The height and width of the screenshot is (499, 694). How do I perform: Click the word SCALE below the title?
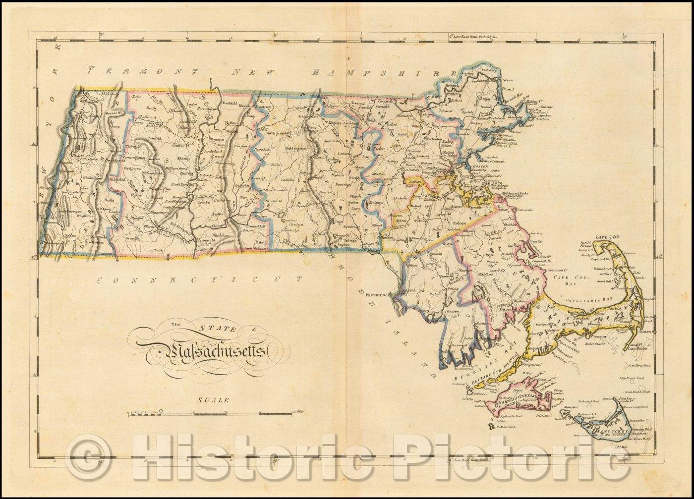(213, 400)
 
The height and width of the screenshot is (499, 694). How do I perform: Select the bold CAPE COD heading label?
(607, 237)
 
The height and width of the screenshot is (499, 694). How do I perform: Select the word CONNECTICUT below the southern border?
(198, 280)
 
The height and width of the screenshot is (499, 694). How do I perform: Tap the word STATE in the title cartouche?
(212, 328)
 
